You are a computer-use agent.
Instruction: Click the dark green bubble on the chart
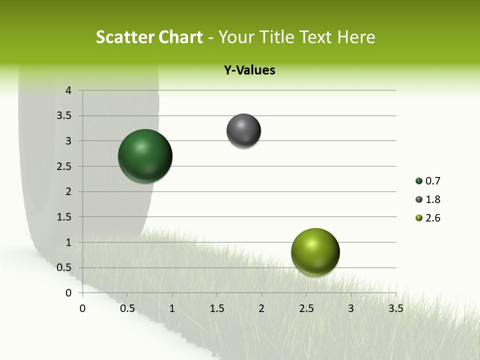(x=145, y=156)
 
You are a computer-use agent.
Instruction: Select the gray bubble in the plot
(x=243, y=131)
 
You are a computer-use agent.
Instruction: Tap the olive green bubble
(x=315, y=252)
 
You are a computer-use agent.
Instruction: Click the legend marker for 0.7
(x=419, y=181)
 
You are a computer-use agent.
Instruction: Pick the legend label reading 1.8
(x=432, y=199)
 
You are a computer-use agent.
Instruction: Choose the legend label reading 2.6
(x=432, y=218)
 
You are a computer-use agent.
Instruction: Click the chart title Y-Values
(x=249, y=70)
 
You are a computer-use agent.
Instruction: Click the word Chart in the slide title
(x=180, y=37)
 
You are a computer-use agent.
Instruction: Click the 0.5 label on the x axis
(x=127, y=308)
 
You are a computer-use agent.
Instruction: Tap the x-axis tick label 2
(x=261, y=308)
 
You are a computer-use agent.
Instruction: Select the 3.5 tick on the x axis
(x=395, y=308)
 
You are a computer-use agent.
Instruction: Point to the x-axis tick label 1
(x=172, y=308)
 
